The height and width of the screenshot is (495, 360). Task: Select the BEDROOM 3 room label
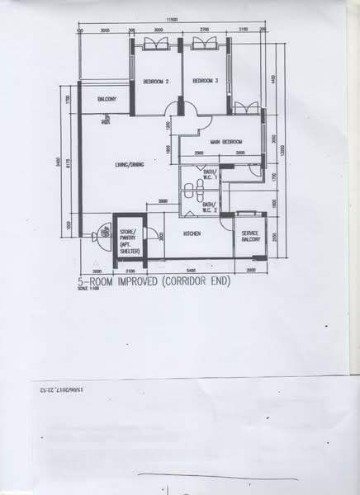(x=205, y=81)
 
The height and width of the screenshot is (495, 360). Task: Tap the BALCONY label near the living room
(x=107, y=99)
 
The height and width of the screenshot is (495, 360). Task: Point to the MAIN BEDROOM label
(x=226, y=142)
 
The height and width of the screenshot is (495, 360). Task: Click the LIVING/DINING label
(x=130, y=166)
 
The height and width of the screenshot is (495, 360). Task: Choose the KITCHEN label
(x=193, y=234)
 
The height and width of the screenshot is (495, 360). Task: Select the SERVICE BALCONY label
(x=250, y=237)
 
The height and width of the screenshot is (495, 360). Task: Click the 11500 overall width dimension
(x=172, y=19)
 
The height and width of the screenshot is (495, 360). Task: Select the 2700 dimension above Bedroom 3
(x=204, y=31)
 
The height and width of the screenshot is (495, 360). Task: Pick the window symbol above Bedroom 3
(x=203, y=44)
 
